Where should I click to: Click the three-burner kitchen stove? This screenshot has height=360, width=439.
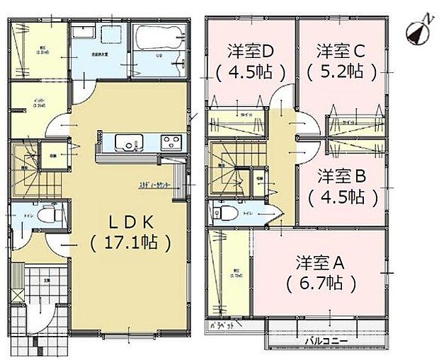[171, 141]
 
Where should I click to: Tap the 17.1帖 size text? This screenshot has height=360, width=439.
[131, 243]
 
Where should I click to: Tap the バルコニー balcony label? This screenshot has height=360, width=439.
[326, 339]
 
